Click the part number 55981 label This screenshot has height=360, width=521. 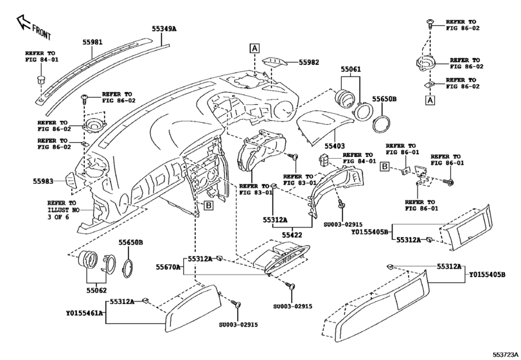(x=92, y=42)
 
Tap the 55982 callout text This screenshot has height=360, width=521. (x=308, y=62)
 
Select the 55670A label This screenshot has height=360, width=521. (x=168, y=265)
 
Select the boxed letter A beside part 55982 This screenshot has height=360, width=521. (x=255, y=48)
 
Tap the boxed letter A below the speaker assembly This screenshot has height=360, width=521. (x=429, y=100)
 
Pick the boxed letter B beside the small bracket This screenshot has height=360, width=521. (x=384, y=166)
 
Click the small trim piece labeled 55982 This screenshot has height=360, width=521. (x=274, y=62)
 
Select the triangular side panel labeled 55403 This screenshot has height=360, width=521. (x=328, y=122)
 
